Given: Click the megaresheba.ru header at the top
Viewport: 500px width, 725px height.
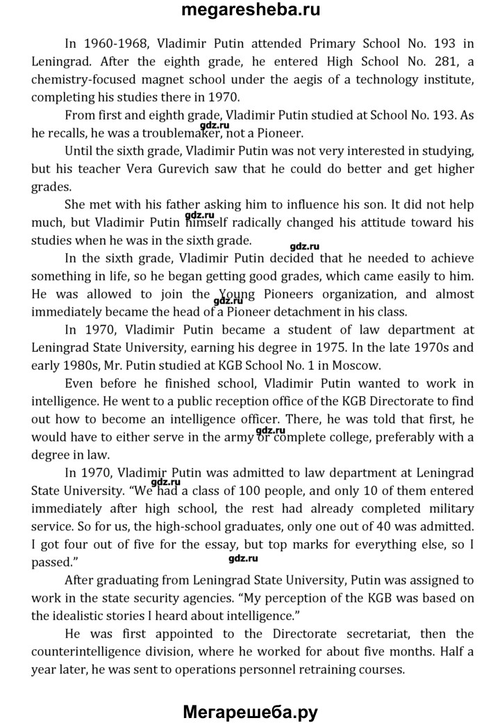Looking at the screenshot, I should (x=250, y=10).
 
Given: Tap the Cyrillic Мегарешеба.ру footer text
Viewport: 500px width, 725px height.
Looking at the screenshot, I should (x=250, y=712).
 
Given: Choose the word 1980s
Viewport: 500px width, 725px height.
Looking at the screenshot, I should (x=92, y=364).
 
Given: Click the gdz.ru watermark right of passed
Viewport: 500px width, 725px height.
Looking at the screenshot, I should (x=242, y=558).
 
